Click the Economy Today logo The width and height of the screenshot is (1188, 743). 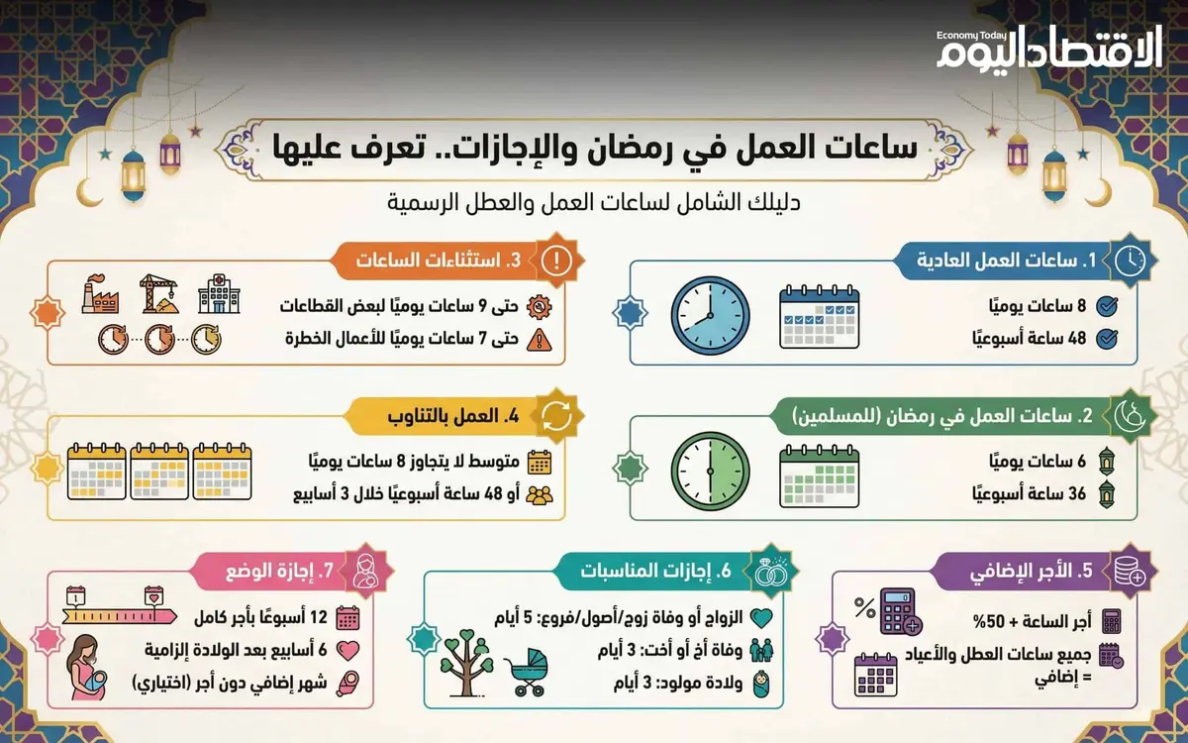point(1048,49)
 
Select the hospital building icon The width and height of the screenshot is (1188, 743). point(219,292)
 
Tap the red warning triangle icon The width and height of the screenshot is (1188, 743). point(538,339)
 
